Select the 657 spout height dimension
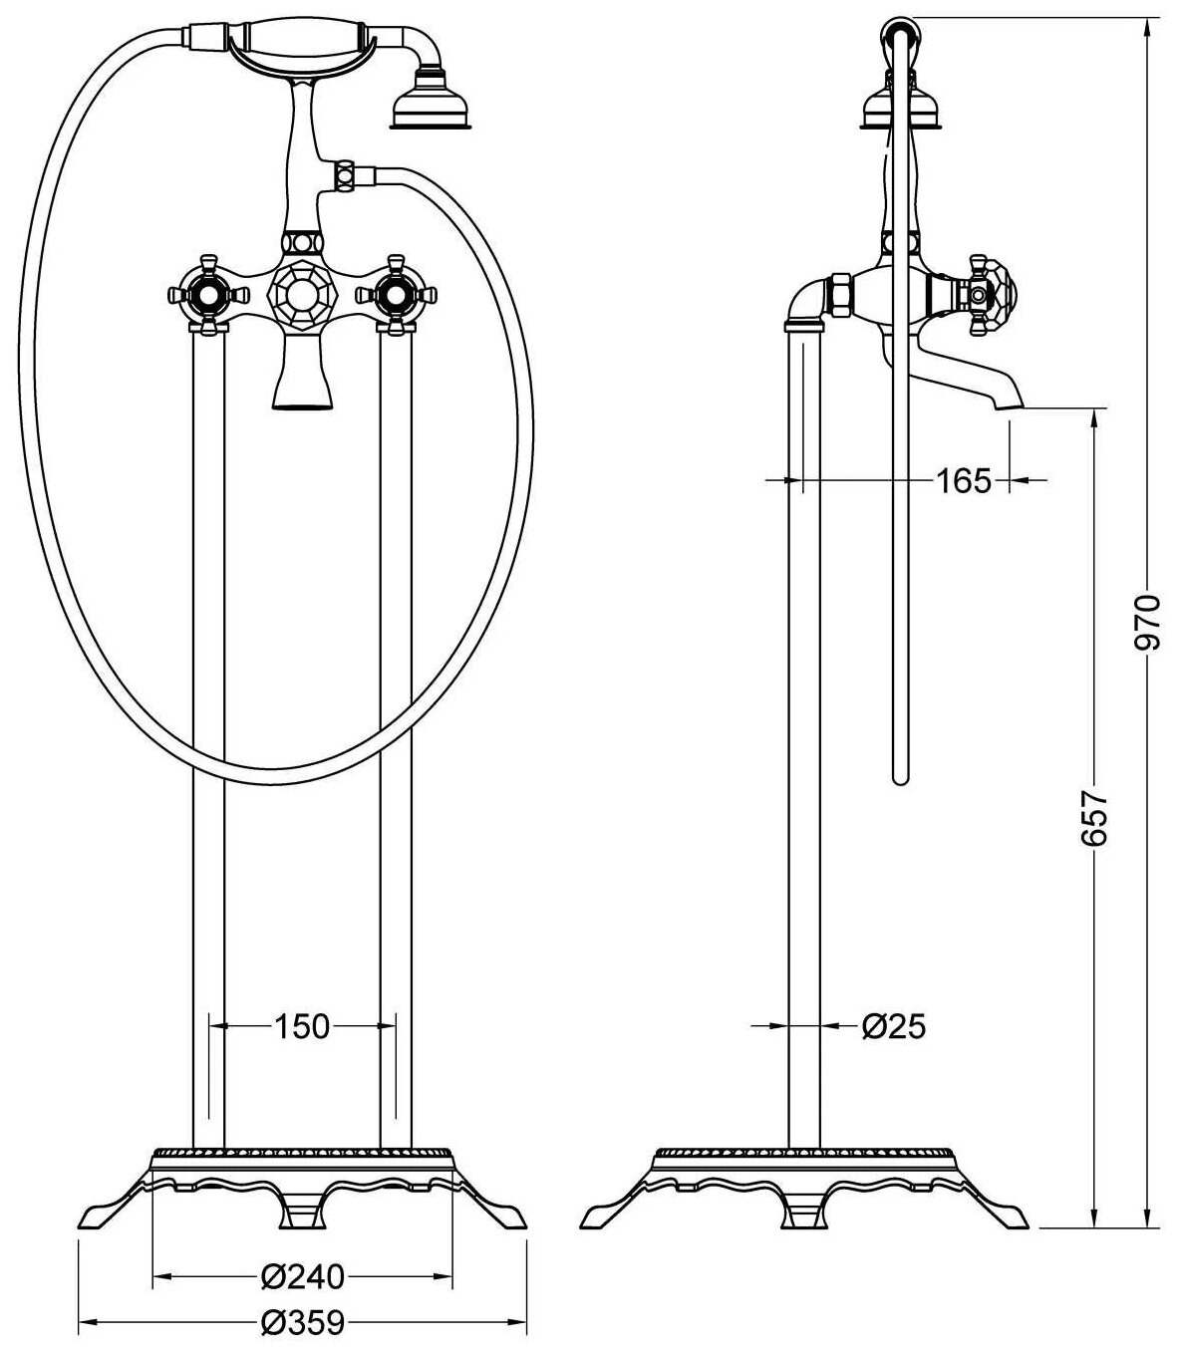[1095, 819]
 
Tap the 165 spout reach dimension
[964, 481]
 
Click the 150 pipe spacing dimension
[302, 1025]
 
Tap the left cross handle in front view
[204, 294]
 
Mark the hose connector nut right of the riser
[346, 176]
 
